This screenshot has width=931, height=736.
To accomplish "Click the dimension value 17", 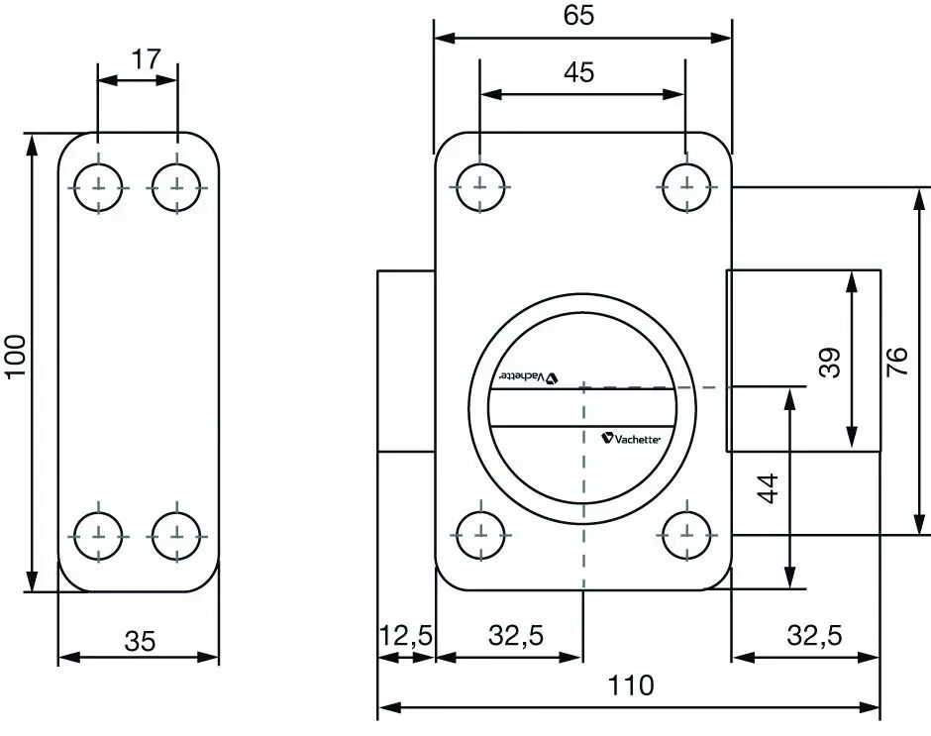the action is pyautogui.click(x=146, y=59).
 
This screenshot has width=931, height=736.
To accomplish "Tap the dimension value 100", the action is pyautogui.click(x=16, y=356).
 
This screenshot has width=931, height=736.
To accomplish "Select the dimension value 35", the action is pyautogui.click(x=140, y=641).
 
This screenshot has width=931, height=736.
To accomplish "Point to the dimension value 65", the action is pyautogui.click(x=579, y=15).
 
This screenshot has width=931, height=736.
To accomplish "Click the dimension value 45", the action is pyautogui.click(x=579, y=72).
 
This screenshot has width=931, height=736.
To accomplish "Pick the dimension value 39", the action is pyautogui.click(x=829, y=363).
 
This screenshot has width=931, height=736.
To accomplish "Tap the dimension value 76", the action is pyautogui.click(x=897, y=362).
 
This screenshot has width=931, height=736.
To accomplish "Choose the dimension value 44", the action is pyautogui.click(x=769, y=488).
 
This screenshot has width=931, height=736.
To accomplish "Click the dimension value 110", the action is pyautogui.click(x=631, y=685).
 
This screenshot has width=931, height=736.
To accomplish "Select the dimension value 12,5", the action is pyautogui.click(x=406, y=636).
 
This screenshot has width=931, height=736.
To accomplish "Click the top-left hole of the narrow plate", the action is pyautogui.click(x=98, y=187).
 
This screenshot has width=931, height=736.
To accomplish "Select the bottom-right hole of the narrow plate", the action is pyautogui.click(x=176, y=536).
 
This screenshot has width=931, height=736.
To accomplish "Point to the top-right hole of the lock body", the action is pyautogui.click(x=686, y=186).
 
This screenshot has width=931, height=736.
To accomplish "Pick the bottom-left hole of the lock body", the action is pyautogui.click(x=479, y=535).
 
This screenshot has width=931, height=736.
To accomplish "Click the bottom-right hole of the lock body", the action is pyautogui.click(x=686, y=535).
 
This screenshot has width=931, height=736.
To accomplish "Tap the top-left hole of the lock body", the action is pyautogui.click(x=479, y=186).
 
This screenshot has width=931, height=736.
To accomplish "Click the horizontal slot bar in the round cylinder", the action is pyautogui.click(x=582, y=407).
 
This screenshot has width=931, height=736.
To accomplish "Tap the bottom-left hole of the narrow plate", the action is pyautogui.click(x=98, y=536).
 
